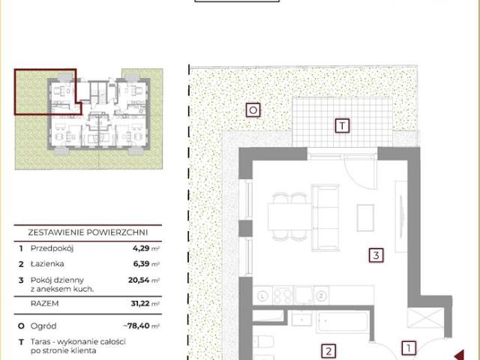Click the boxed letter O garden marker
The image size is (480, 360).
click(253, 110)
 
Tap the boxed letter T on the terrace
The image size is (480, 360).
click(342, 125)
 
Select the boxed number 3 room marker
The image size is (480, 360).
click(376, 255)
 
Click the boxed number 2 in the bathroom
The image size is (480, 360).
click(328, 351)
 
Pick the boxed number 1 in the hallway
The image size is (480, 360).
click(409, 348)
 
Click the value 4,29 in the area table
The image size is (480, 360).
click(141, 248)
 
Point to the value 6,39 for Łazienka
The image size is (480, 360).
click(141, 264)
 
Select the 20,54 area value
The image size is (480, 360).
click(139, 280)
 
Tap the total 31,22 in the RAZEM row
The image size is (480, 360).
click(140, 303)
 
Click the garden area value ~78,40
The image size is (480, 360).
click(136, 325)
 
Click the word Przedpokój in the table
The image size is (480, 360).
click(52, 248)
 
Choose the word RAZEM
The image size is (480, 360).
click(44, 303)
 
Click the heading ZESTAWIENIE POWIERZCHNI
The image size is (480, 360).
click(88, 232)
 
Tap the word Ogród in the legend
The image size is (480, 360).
click(43, 326)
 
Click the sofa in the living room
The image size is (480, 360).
click(325, 217)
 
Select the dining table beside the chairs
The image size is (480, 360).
click(289, 217)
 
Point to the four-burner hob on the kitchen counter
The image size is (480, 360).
click(283, 295)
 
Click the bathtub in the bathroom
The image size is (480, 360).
click(342, 322)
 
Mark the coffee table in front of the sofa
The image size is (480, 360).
click(365, 217)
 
